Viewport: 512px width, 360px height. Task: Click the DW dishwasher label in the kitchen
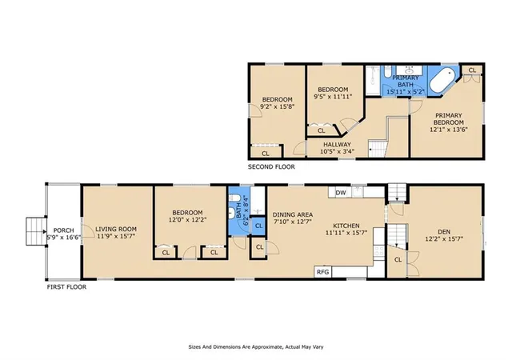click(341, 193)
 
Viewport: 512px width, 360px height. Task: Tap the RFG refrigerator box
click(323, 272)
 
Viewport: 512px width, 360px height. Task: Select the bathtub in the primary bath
click(442, 80)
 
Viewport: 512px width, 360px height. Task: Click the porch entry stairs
click(36, 231)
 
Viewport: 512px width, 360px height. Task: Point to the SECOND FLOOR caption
click(271, 167)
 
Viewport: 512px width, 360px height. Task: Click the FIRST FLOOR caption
click(66, 287)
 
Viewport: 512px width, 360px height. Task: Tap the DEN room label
click(444, 232)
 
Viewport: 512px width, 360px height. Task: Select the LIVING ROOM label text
click(116, 230)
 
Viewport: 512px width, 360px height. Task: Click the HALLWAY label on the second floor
click(337, 144)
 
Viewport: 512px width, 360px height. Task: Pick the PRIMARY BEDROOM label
click(449, 119)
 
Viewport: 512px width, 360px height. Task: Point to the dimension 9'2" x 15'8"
click(278, 106)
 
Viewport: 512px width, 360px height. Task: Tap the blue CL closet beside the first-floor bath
click(259, 226)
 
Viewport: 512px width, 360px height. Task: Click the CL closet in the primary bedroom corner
click(472, 70)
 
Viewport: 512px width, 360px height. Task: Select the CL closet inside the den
click(398, 260)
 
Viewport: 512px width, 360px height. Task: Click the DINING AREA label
click(293, 214)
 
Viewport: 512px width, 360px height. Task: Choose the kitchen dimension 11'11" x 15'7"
click(346, 233)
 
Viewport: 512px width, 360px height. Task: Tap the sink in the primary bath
click(409, 70)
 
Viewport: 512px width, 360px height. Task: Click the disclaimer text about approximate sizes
click(256, 347)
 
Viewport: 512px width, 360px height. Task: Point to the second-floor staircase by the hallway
click(378, 149)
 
